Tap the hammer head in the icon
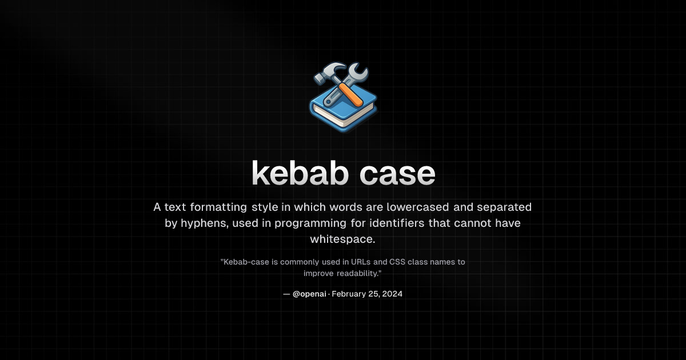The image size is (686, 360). pyautogui.click(x=325, y=74)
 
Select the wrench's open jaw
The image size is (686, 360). pyautogui.click(x=360, y=73)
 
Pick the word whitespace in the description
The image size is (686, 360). pyautogui.click(x=342, y=239)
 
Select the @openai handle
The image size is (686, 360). pyautogui.click(x=309, y=294)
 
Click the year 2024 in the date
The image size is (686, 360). pyautogui.click(x=392, y=294)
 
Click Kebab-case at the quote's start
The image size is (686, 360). pyautogui.click(x=242, y=262)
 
